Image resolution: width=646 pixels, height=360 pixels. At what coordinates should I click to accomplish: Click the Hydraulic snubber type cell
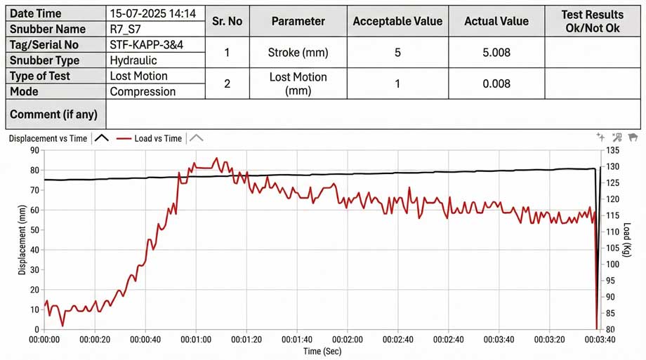coord(133,60)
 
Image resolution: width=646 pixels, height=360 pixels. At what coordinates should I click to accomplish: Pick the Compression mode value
coord(143,91)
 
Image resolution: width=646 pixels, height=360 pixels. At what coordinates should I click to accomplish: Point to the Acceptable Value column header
coord(397,21)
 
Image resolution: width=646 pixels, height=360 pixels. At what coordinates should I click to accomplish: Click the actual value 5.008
coord(496,53)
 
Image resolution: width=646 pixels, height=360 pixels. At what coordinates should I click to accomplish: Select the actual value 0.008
coord(496,84)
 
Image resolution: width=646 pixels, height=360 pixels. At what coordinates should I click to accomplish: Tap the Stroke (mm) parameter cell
coord(298,53)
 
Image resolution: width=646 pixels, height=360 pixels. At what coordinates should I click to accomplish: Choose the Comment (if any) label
coord(53,114)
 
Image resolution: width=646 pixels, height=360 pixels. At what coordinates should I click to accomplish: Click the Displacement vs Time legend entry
coord(48,138)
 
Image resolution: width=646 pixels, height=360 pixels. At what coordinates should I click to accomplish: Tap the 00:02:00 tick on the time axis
coord(348,340)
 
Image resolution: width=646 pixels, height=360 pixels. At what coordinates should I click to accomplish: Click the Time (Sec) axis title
coord(322,351)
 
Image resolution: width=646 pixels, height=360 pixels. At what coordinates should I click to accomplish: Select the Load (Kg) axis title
coord(626,240)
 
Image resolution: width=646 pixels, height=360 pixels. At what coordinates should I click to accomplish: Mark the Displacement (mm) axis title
coord(22,240)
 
